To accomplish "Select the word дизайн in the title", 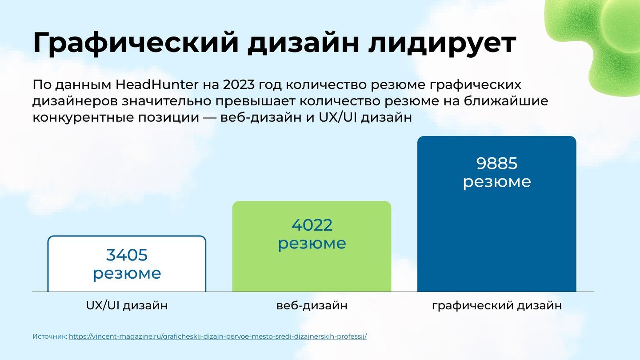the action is coord(303,43).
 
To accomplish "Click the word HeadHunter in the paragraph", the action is coord(157,84).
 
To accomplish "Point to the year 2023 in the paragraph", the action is coord(239,84).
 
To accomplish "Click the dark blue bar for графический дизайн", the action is coord(496,214).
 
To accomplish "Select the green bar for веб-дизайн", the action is coord(312,246).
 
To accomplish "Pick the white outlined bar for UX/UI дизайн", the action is coord(127,264).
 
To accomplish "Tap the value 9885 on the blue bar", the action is coord(497,164).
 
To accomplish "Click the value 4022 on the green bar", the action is coord(312,225).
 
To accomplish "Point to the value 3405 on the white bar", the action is coord(127,255).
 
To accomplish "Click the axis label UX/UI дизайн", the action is coord(127,305).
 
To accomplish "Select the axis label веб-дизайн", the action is coord(312,305).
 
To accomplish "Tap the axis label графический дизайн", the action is coord(497,306).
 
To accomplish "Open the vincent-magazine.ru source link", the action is coord(218,336).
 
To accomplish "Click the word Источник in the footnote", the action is coord(50,336).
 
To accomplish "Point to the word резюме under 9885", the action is coord(497,182).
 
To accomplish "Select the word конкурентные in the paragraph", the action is coord(83,118).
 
